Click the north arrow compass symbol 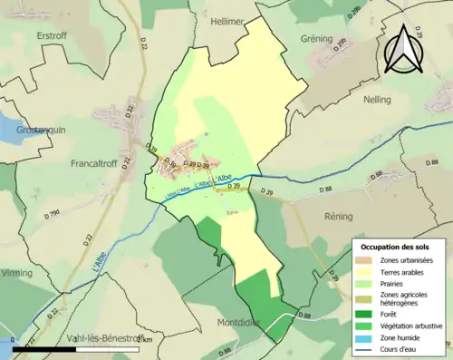(x=404, y=49)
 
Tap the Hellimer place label (x=227, y=21)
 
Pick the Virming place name (x=18, y=272)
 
